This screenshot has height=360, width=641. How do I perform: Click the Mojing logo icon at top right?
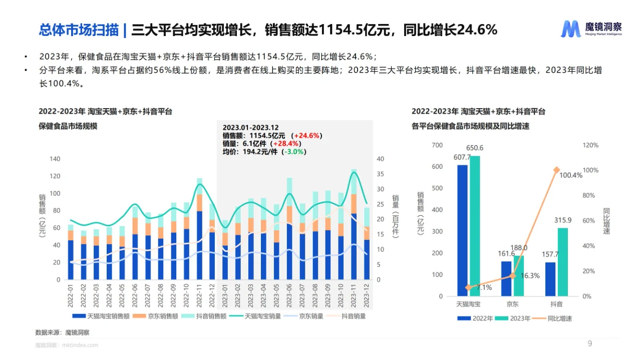click(570, 29)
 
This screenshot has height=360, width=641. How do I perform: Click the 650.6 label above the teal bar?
click(474, 148)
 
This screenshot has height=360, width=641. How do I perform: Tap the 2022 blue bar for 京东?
click(506, 278)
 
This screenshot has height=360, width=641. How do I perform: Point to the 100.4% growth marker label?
click(571, 175)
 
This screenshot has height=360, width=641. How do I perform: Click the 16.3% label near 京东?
click(530, 276)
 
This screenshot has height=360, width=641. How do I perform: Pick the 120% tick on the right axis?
click(590, 145)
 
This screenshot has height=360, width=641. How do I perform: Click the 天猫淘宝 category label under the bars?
click(468, 304)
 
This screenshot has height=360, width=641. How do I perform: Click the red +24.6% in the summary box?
click(307, 136)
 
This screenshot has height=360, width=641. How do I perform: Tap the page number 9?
click(590, 343)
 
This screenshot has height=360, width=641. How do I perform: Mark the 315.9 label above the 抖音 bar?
click(562, 220)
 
